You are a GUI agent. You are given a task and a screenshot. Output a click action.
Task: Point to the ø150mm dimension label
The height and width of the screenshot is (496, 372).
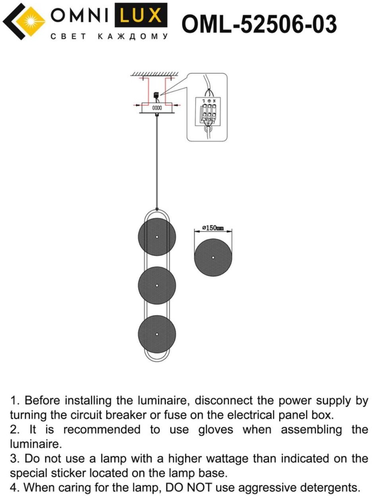point(213,228)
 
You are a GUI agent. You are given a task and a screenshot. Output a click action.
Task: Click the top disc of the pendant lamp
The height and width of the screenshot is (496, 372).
point(157,237)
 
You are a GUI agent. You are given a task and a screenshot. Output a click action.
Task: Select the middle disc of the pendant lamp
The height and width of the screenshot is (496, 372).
point(157,285)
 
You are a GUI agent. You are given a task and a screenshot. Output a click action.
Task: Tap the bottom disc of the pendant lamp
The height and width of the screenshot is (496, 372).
point(157,334)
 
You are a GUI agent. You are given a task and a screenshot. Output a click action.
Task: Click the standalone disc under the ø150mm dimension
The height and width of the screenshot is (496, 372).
point(213,257)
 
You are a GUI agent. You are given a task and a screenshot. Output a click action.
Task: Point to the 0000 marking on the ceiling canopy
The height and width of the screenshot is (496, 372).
point(157,107)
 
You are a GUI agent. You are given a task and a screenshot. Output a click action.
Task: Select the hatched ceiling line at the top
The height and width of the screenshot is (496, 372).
point(155,74)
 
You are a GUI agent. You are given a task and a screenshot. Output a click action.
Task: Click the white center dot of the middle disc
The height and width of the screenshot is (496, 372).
point(157,285)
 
